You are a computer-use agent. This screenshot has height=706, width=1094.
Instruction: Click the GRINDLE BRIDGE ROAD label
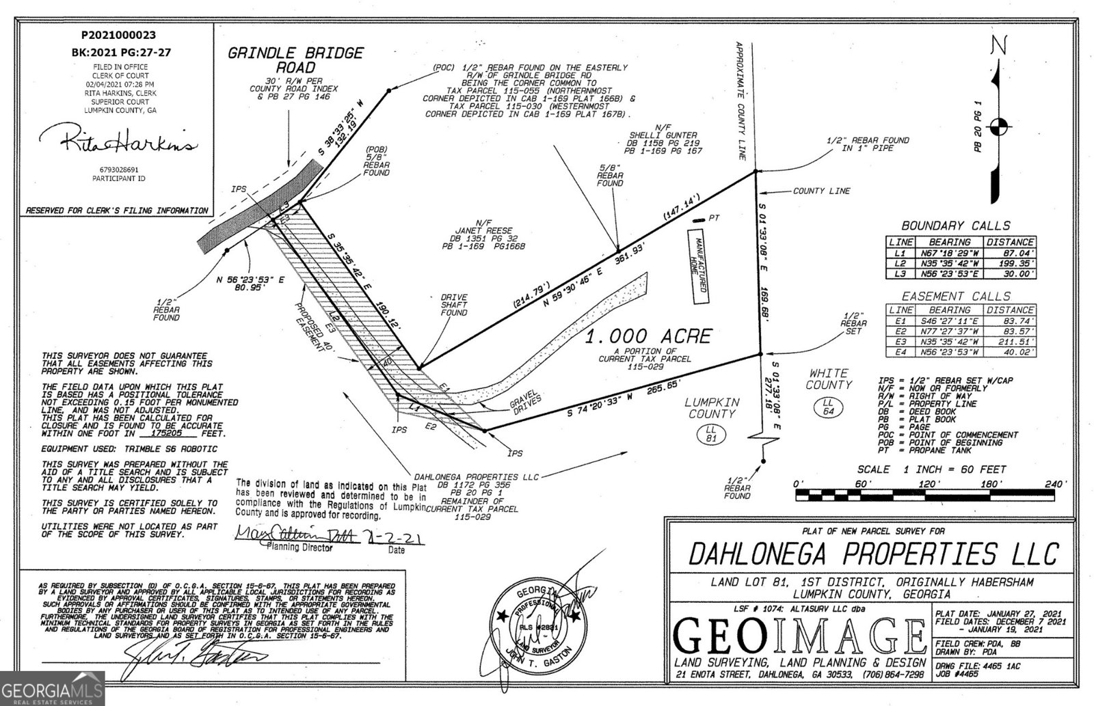(295, 60)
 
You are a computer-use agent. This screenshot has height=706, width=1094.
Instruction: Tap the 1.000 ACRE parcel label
(648, 336)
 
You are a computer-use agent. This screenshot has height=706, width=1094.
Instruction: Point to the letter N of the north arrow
(999, 45)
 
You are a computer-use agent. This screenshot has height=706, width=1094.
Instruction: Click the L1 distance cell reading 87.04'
(1010, 253)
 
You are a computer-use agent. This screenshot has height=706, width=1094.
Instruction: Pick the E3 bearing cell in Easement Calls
(949, 341)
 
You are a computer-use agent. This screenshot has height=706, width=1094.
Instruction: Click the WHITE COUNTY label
(828, 379)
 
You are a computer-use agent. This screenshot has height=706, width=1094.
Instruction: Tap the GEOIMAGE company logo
(797, 635)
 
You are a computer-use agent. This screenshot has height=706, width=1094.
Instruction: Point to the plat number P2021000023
(118, 35)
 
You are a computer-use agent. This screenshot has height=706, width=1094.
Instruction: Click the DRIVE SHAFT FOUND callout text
(454, 305)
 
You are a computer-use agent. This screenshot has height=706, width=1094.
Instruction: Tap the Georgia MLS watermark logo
(52, 688)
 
